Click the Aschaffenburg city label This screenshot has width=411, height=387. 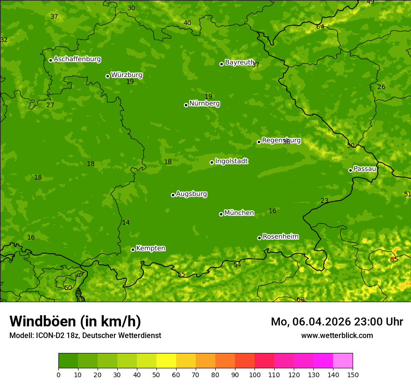(77, 59)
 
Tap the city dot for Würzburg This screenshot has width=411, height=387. (107, 76)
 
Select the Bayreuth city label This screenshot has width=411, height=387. (239, 62)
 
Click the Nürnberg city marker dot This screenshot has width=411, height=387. (186, 105)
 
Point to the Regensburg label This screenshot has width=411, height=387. (281, 140)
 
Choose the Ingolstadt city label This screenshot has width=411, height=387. (231, 161)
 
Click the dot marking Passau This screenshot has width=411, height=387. (350, 170)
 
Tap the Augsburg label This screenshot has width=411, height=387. (191, 194)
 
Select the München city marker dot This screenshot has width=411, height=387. (221, 214)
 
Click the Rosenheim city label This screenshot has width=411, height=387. (280, 237)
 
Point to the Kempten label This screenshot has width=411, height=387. (150, 249)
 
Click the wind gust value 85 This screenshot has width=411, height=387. (394, 259)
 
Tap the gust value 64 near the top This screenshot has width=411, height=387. (320, 27)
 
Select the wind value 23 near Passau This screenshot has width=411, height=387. (324, 201)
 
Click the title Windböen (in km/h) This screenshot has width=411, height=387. (75, 321)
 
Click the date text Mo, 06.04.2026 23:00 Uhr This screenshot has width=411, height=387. (337, 322)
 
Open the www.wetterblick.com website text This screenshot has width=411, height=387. (337, 336)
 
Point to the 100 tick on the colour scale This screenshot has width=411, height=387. (255, 374)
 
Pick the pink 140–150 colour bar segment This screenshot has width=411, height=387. (343, 360)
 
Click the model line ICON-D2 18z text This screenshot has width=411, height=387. (85, 336)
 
